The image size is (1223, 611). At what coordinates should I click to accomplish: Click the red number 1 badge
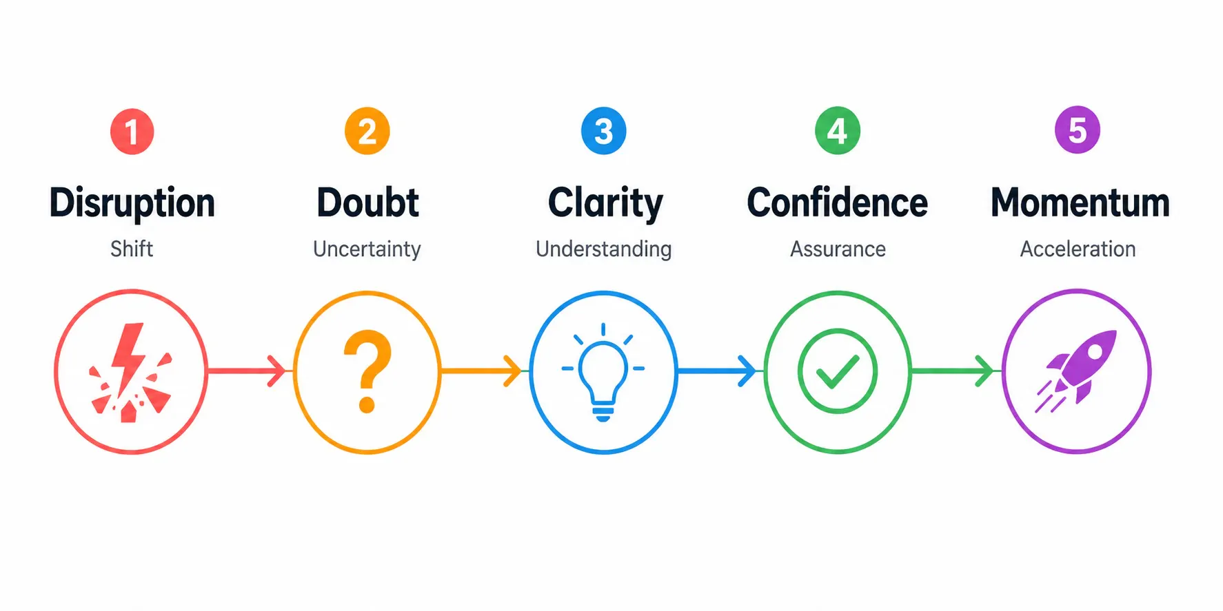132,132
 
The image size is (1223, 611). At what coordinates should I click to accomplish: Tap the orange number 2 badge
367,131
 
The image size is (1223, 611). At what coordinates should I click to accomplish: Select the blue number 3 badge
603,131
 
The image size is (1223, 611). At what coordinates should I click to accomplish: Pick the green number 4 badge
838,130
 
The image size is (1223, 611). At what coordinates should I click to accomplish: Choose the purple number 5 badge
1078,130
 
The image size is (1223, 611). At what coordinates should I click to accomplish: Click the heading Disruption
132,203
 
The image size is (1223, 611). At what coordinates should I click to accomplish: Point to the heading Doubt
367,203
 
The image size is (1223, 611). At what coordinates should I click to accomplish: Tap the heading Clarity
605,204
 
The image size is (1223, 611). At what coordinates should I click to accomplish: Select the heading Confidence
838,203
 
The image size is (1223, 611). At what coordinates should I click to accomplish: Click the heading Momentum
1080,203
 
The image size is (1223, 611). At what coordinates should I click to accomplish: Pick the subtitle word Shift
132,249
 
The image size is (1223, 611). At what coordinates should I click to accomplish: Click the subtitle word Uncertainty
367,249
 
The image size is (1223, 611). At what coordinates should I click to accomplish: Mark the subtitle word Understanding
604,249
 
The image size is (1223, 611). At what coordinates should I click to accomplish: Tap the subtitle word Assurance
838,249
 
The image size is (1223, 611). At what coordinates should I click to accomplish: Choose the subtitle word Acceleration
1078,249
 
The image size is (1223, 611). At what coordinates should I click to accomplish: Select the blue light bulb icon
603,373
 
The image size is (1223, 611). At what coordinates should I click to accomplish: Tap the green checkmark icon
838,371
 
